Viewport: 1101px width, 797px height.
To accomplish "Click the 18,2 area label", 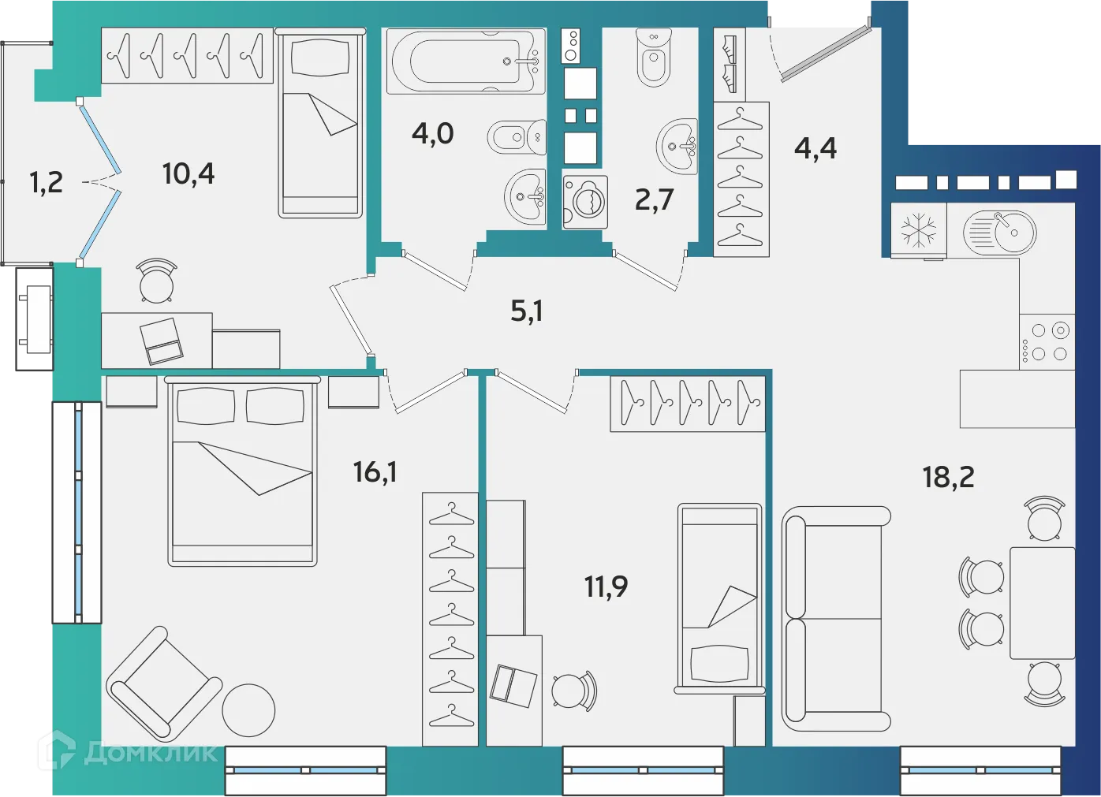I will point(948,477).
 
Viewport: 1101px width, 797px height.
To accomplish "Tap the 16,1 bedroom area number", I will point(375,472).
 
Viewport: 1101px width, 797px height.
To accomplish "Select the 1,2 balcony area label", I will point(46,183).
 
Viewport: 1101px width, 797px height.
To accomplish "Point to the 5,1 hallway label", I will point(526,311).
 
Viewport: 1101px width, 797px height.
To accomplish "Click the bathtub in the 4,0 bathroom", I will point(465,61).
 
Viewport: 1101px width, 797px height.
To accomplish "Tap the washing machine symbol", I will point(585,202).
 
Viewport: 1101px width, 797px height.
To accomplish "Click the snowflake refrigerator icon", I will point(919,231).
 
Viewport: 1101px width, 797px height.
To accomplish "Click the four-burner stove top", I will point(1047,342).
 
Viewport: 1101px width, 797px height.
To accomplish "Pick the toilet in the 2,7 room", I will point(653,58).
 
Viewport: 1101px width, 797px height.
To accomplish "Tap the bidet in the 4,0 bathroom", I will point(517,138).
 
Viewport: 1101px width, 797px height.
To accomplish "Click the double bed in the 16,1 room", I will point(242,471).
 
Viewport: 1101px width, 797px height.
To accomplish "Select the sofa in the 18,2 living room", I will point(834,618).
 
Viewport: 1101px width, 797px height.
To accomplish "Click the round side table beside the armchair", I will point(248,709).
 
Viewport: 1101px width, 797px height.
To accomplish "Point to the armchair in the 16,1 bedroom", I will point(164,683).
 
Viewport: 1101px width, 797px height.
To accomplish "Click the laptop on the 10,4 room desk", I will point(162,341).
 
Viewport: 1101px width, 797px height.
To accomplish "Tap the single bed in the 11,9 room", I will point(719,599).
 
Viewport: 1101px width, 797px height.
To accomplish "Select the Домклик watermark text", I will point(150,753).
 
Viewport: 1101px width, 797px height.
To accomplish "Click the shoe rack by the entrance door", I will point(730,64).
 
